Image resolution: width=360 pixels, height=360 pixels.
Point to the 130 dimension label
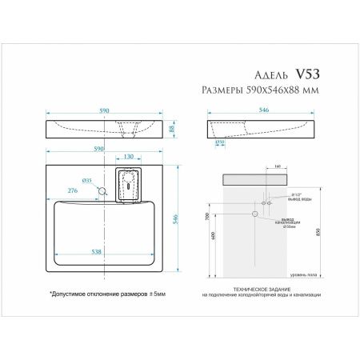click(129, 158)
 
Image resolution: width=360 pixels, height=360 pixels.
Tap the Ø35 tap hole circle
click(102, 191)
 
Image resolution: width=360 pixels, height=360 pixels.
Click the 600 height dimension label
click(214, 237)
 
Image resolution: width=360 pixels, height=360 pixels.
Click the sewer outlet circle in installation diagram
click(255, 214)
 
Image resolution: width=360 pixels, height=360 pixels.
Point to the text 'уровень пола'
click(303, 274)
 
